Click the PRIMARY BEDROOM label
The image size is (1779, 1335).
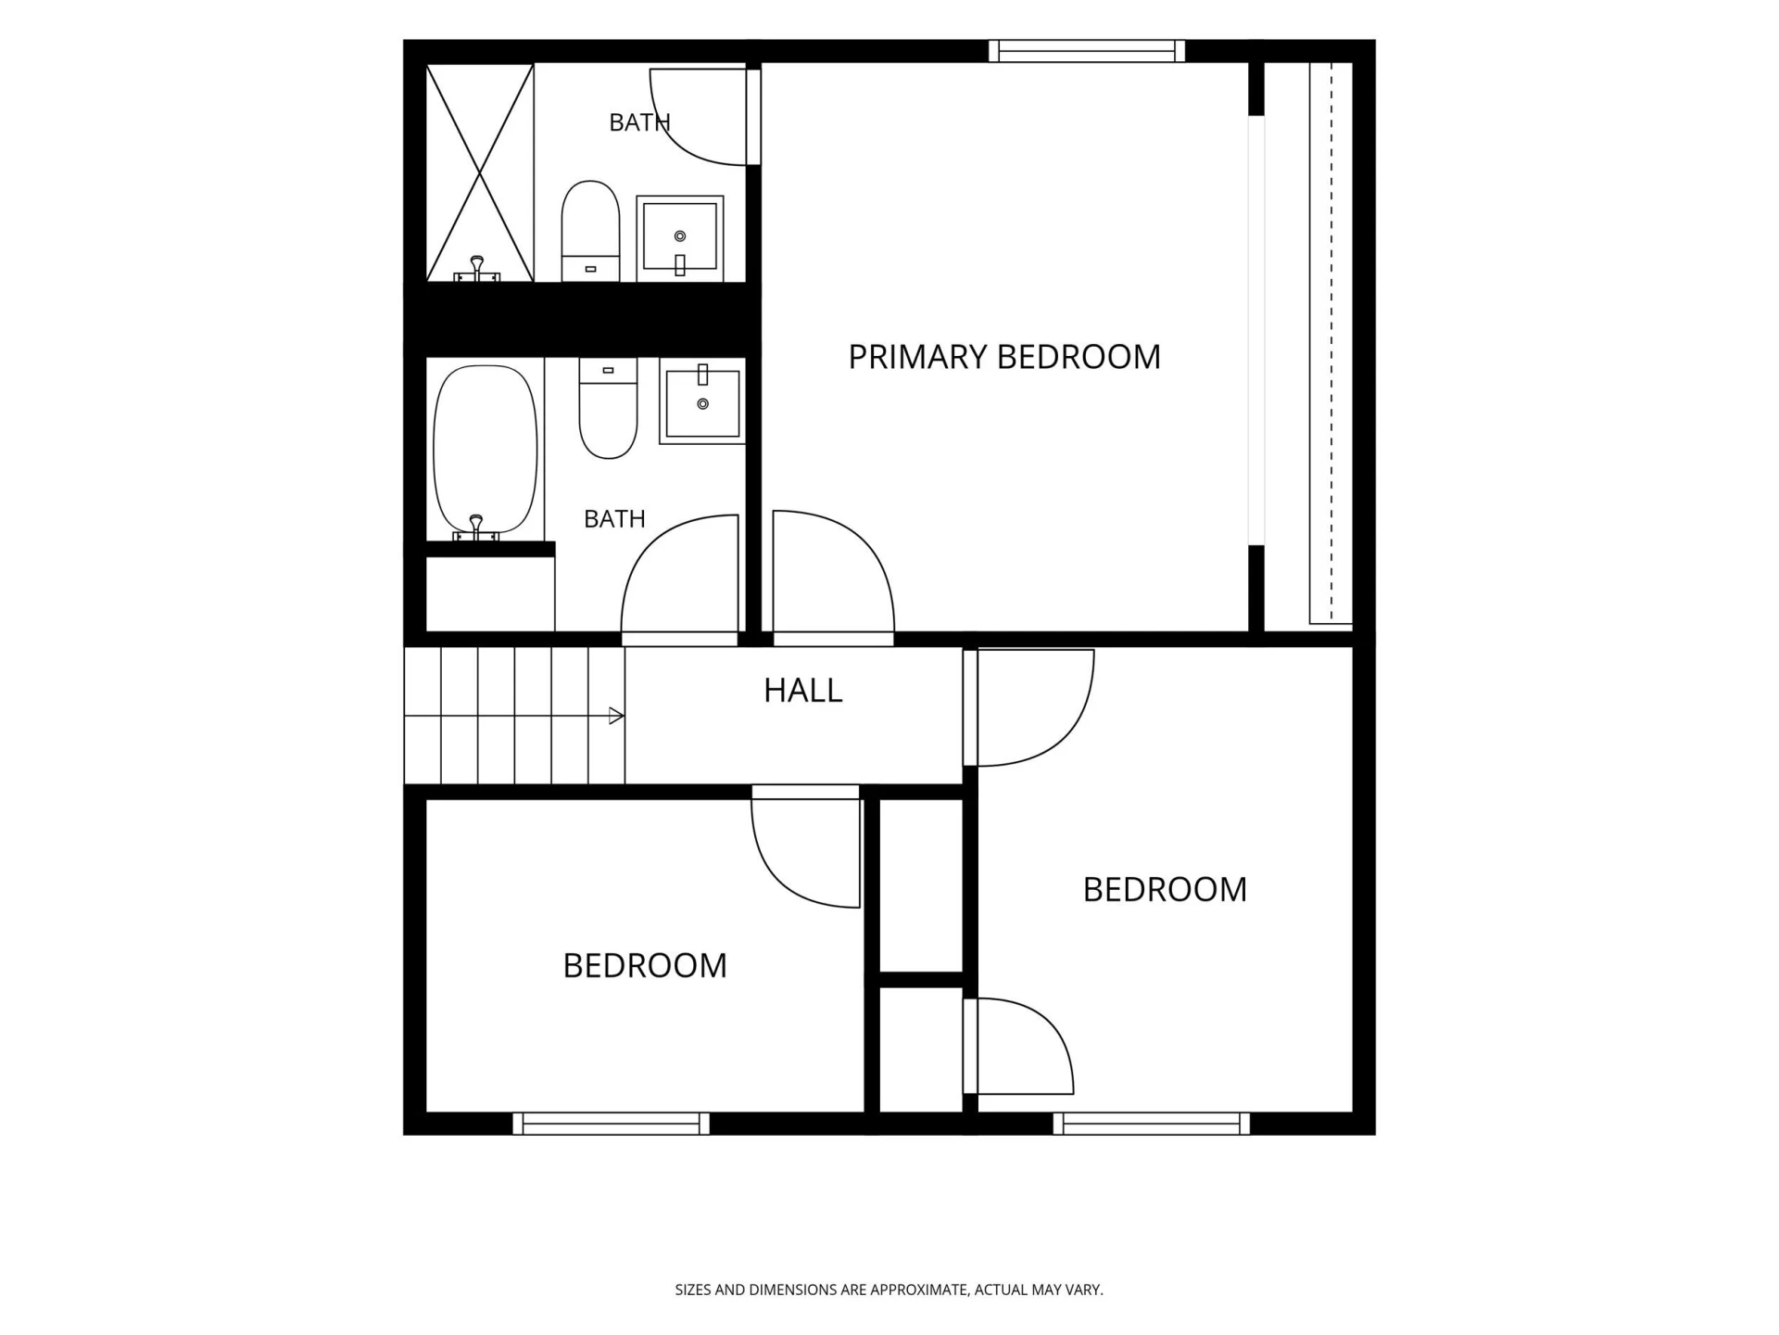[x=1004, y=357]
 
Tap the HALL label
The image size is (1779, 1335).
[x=803, y=691]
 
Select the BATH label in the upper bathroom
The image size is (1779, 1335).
[x=639, y=122]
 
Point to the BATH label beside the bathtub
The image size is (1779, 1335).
[x=614, y=519]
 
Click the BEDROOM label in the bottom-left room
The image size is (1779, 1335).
[x=645, y=966]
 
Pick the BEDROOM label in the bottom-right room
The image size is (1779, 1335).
[x=1165, y=890]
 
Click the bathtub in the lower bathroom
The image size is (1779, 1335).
[x=486, y=451]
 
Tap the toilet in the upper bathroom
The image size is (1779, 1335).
[x=590, y=231]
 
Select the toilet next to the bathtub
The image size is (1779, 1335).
[x=608, y=408]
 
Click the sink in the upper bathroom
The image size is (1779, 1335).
[x=680, y=238]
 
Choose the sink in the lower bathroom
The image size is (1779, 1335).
[x=702, y=400]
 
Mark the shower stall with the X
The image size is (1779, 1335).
[x=480, y=172]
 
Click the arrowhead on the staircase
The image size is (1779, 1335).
[x=616, y=716]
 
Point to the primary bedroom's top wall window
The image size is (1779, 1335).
[x=1087, y=51]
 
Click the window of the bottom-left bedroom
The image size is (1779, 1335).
[x=612, y=1124]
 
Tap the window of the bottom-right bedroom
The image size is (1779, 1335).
[x=1152, y=1124]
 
